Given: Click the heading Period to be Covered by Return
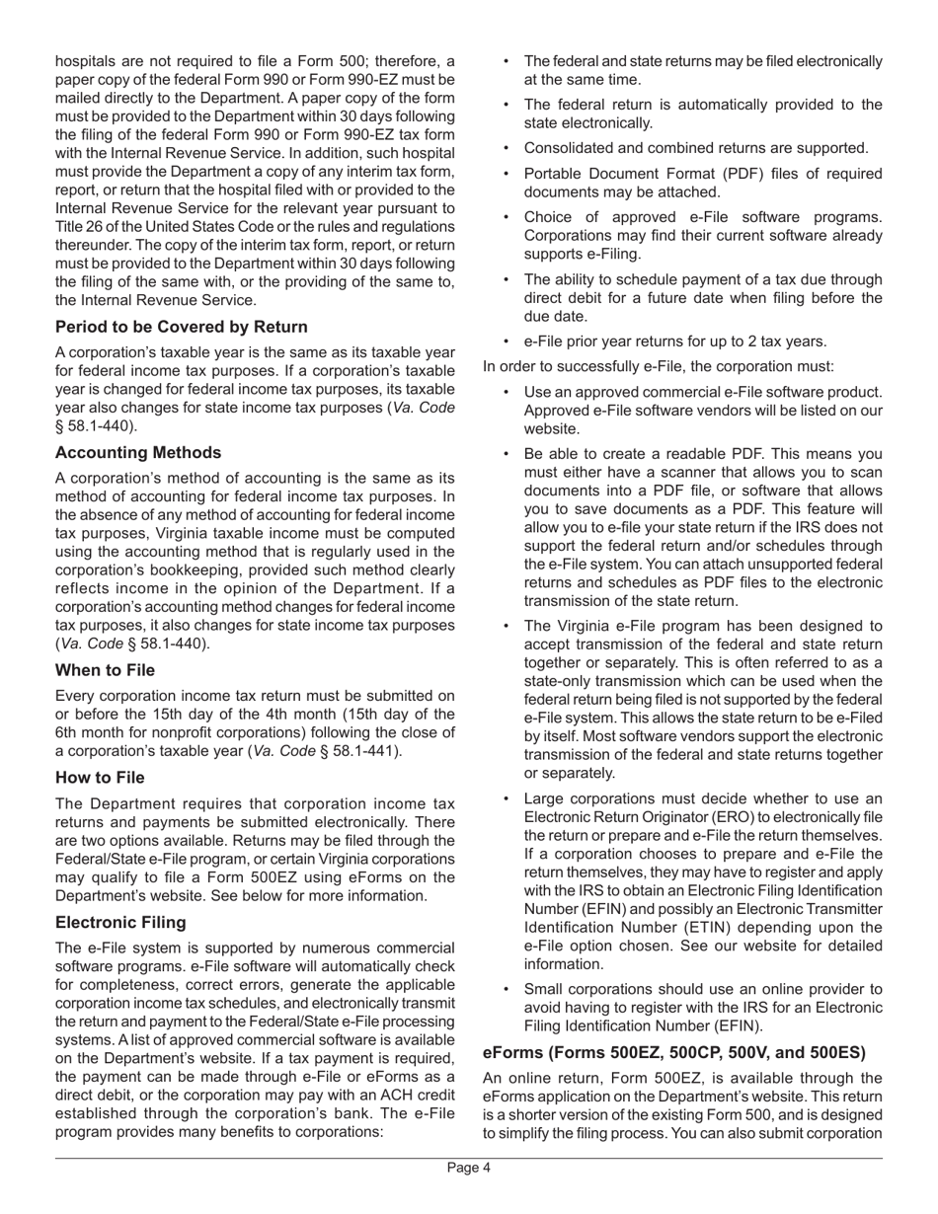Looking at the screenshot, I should point(181,327).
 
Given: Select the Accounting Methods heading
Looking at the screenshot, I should point(138,453).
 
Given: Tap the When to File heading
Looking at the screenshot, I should point(105,670).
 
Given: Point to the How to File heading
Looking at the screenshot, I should point(100,778).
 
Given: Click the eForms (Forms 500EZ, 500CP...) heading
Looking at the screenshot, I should point(674,1052).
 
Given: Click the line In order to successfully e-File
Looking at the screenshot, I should point(659,367).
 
